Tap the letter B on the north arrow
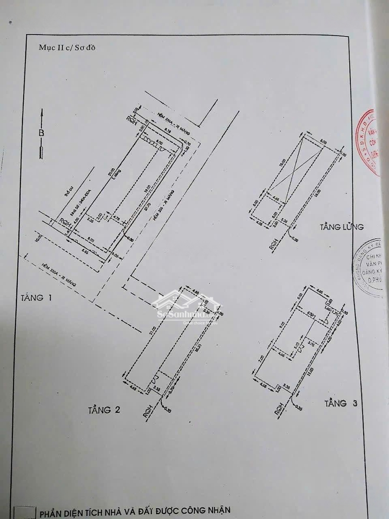coord(42,133)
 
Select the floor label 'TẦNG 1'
coord(36,297)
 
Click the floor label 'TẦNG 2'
coord(104,409)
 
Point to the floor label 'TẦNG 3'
coord(341,403)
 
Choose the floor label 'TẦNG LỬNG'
coord(342,227)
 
